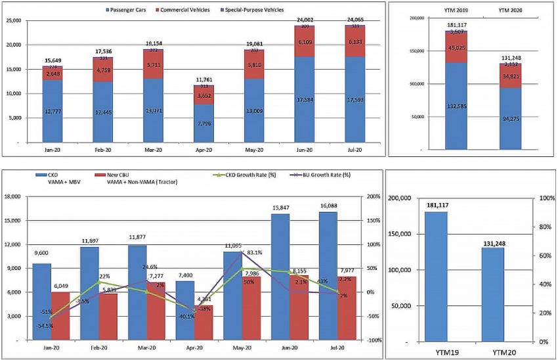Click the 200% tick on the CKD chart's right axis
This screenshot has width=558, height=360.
pyautogui.click(x=374, y=196)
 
